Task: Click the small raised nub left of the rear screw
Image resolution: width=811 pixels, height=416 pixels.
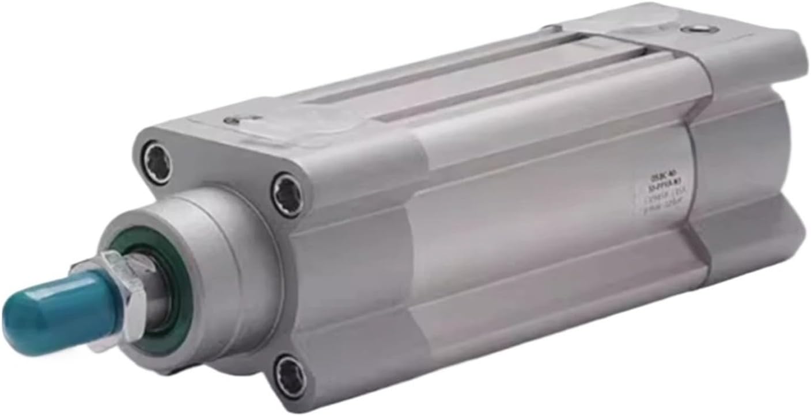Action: pyautogui.click(x=553, y=28)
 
